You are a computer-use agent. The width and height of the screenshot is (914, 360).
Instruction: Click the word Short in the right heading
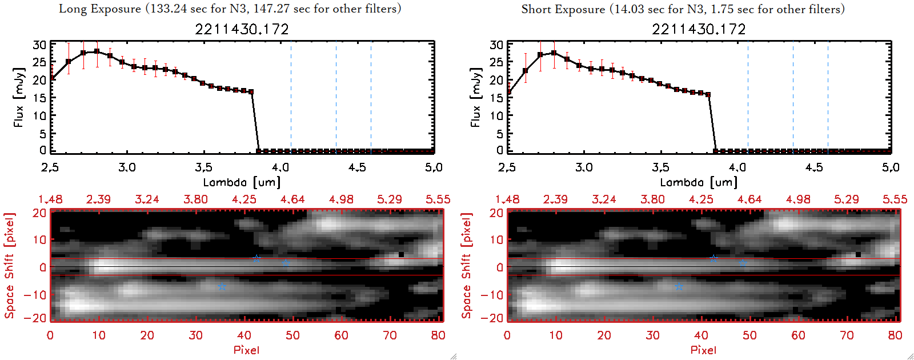[x=537, y=9]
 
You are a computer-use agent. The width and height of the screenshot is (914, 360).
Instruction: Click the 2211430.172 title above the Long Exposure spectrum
[x=242, y=29]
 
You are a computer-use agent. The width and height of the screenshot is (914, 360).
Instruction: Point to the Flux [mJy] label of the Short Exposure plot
[x=475, y=97]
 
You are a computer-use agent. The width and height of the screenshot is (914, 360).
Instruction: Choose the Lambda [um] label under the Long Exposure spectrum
[x=242, y=182]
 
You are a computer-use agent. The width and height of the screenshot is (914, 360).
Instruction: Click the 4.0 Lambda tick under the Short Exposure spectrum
[x=737, y=167]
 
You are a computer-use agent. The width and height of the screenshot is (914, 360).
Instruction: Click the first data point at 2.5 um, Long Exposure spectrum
[x=52, y=78]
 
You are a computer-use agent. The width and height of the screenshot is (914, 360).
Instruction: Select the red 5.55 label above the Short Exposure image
[x=895, y=199]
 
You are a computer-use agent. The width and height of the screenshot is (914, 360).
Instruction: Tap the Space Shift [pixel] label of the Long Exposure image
[x=9, y=266]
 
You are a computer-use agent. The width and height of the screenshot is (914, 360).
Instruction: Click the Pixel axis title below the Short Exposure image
[x=703, y=350]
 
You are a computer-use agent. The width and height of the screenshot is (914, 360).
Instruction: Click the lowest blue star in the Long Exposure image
[x=222, y=286]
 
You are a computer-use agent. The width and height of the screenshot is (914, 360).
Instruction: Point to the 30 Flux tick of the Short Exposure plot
[x=496, y=45]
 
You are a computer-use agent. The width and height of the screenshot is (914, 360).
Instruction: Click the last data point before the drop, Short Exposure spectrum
[x=708, y=94]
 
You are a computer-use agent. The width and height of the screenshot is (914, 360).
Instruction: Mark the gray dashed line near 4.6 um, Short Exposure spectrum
[x=828, y=97]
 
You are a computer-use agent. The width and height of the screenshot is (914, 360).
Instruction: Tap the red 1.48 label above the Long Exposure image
[x=50, y=199]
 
